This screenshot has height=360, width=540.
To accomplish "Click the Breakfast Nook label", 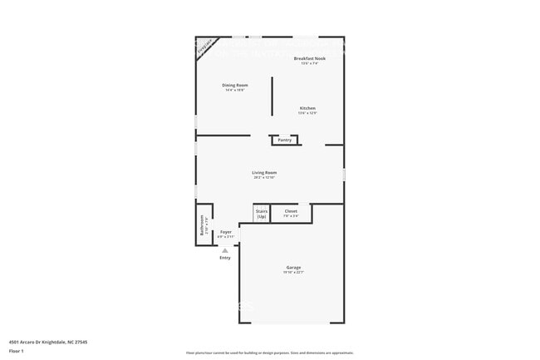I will coord(309,58).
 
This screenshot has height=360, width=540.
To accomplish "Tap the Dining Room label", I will coord(235,85).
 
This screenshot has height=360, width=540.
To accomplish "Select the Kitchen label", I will coord(307,108).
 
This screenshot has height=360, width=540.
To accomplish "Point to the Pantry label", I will coord(284,140).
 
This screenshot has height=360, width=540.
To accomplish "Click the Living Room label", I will coord(264,172).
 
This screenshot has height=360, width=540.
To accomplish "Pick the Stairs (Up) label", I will coord(262,214).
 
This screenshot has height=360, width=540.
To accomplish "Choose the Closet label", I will coord(291,211).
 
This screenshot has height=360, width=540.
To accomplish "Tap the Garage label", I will coord(293,267).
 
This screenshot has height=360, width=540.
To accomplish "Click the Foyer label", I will coord(226,231).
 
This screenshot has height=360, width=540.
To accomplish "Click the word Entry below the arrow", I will coord(225,258).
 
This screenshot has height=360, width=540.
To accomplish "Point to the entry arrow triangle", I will coord(224,249).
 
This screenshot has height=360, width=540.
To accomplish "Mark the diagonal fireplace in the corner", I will coord(204,47).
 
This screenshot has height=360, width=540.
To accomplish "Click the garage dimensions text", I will coord(293,272).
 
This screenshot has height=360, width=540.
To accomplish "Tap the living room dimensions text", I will coord(264,177).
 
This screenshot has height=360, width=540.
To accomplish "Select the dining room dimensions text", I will coord(235,90).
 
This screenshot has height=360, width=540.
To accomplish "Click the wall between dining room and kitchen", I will coord(272,96).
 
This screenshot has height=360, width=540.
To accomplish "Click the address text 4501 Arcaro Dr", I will coord(38,342).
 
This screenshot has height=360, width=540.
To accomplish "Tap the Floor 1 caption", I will coord(17,352).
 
